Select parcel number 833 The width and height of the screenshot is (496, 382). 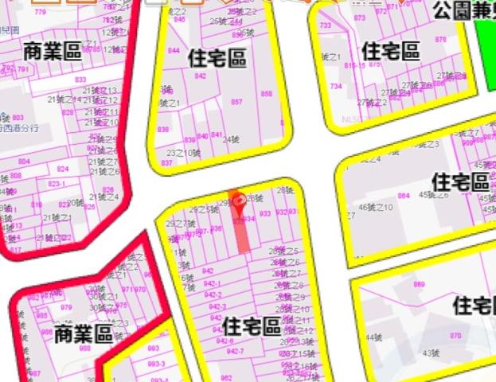click(80, 80)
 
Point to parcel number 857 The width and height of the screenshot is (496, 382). click(236, 102)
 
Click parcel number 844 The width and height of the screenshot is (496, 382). click(174, 50)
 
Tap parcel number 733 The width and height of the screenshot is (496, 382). click(325, 26)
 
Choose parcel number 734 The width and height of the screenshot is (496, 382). click(336, 86)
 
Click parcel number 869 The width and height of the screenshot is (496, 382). click(419, 284)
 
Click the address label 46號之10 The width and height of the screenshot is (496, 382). click(376, 208)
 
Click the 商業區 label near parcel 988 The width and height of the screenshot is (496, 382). click(84, 334)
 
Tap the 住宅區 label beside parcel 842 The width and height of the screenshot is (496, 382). click(217, 59)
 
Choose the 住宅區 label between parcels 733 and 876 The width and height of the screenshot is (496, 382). click(390, 51)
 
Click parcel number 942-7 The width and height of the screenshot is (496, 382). click(235, 351)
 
